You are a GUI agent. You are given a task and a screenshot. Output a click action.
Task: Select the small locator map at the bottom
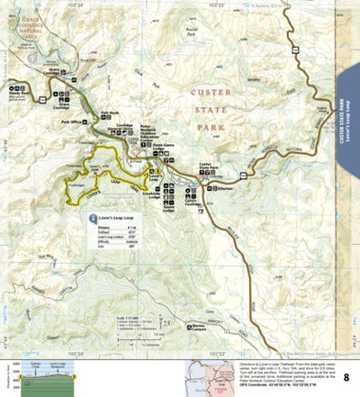coord(206,376)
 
